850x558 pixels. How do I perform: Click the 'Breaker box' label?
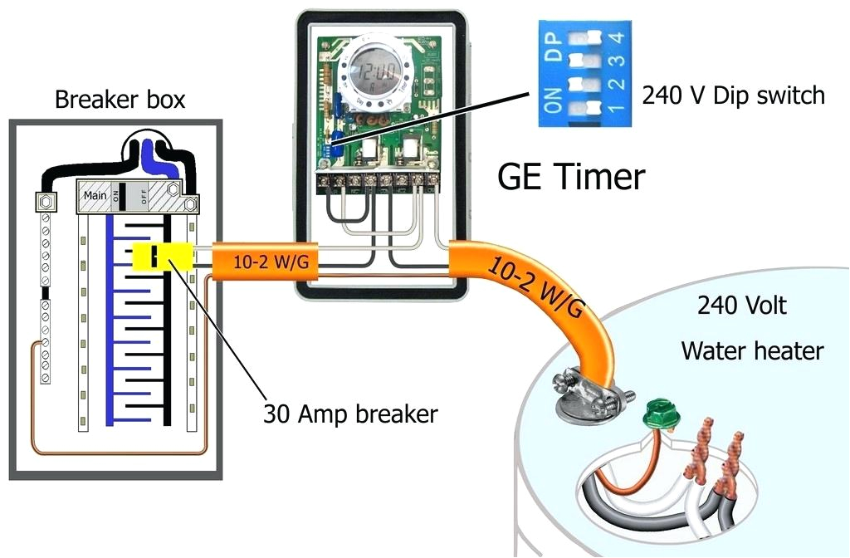click(x=120, y=100)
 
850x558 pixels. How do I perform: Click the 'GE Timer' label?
click(x=570, y=177)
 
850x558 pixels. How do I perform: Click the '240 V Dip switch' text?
click(x=733, y=95)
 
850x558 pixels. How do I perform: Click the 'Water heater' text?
click(x=752, y=350)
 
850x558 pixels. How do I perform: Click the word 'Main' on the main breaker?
click(x=95, y=196)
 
